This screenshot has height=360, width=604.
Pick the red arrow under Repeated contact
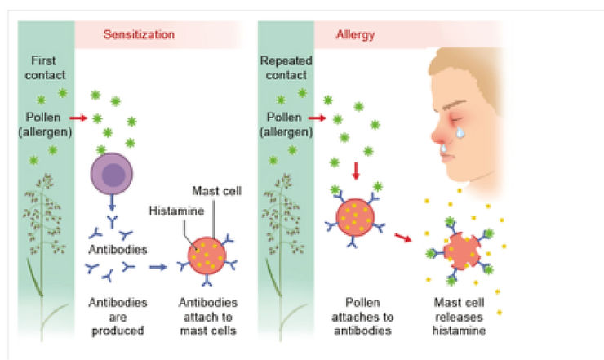(x=313, y=119)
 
